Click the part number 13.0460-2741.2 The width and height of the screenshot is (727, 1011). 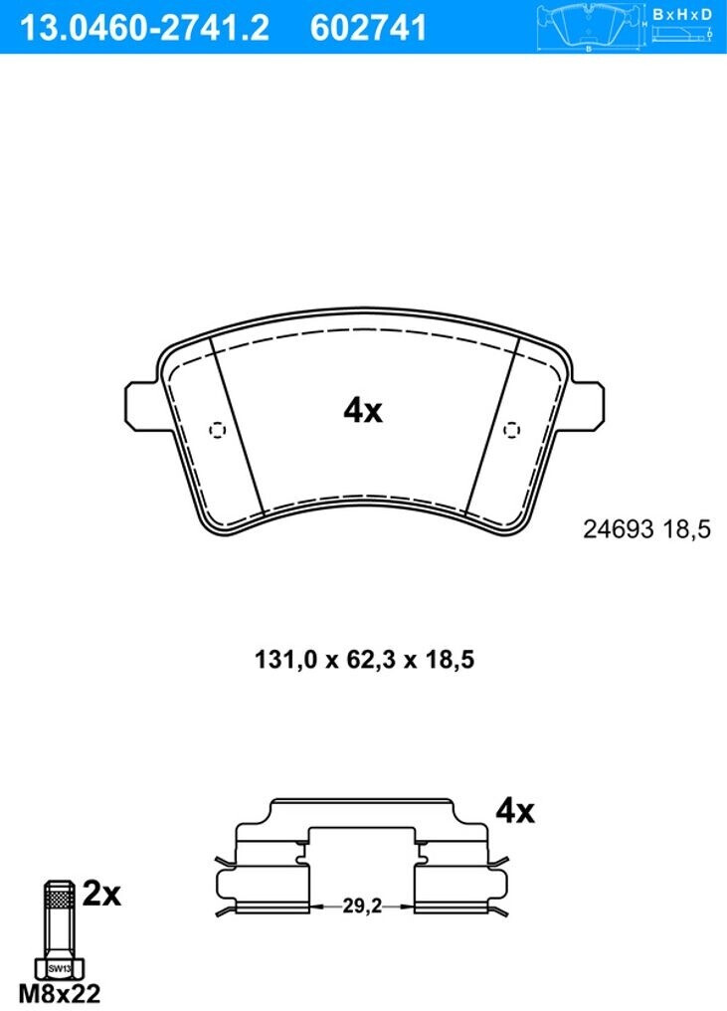click(144, 28)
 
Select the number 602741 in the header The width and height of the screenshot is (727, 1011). click(368, 28)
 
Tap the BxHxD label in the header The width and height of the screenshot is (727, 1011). click(682, 14)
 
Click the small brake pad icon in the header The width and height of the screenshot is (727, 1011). click(590, 26)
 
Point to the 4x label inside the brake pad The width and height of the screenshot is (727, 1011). click(363, 410)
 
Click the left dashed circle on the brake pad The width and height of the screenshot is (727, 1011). click(217, 430)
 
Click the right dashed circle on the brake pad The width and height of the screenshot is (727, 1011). click(511, 430)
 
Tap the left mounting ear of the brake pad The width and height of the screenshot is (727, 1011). click(141, 406)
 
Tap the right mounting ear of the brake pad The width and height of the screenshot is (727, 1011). click(588, 406)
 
